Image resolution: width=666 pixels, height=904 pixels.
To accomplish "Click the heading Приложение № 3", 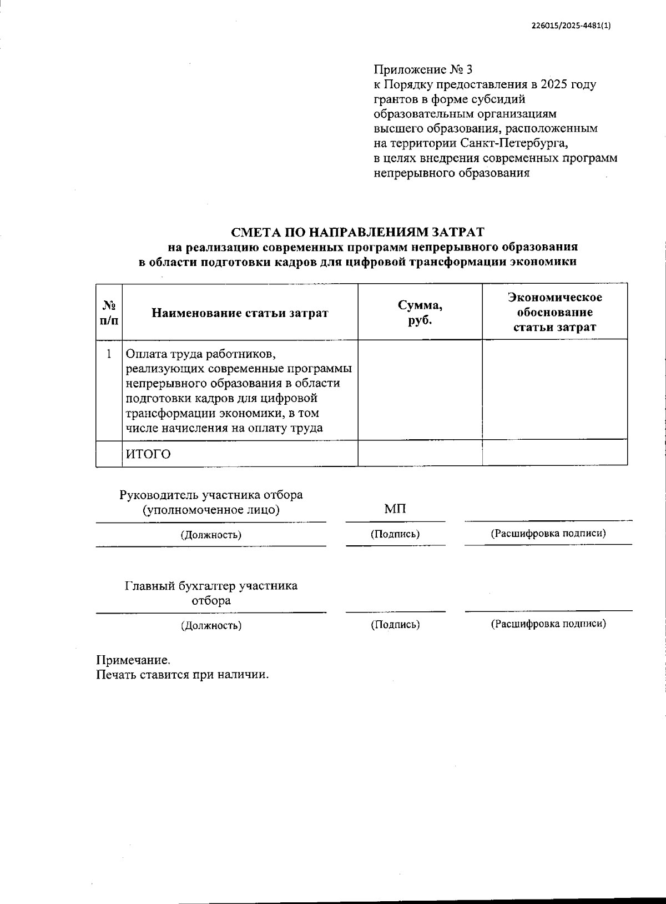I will point(423,70).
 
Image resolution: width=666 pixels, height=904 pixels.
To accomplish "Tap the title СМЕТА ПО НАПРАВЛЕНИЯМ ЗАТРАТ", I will point(357,232).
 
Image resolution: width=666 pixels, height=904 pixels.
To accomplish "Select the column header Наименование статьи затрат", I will point(240,313).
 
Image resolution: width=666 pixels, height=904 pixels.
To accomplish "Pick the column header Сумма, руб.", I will point(420,313).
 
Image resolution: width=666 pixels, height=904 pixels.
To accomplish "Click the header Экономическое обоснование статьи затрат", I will point(555,312).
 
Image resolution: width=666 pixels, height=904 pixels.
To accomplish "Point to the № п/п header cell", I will point(109,313).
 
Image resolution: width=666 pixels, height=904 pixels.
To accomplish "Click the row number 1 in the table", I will point(109,354).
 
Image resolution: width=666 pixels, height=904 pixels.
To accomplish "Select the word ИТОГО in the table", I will point(148,454).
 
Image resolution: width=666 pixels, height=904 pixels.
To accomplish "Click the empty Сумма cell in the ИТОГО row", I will point(420,454).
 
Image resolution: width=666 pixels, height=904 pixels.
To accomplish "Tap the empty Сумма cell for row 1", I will point(420,390).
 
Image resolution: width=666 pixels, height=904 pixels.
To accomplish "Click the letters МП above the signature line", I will point(395,509).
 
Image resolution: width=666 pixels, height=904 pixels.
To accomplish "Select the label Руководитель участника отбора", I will point(211,495).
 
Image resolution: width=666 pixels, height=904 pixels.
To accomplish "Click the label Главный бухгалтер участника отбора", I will point(211,593).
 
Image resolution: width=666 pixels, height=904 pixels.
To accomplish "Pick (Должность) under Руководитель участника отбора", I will point(211,535).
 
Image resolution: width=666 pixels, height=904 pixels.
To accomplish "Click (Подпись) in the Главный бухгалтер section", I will point(395,625).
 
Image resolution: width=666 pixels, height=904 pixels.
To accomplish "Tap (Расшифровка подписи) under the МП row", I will point(548,534).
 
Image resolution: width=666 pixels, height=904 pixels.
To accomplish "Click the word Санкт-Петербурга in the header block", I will point(514,143).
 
